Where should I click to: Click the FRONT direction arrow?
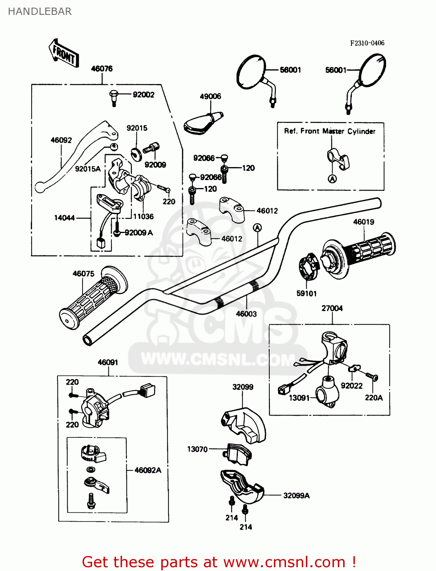pos(64,54)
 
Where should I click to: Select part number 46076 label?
pos(102,69)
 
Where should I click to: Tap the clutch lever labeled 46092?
pos(76,156)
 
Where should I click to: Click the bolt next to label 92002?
pos(114,98)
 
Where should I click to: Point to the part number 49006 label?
pos(210,96)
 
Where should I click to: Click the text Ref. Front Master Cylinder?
pos(330,131)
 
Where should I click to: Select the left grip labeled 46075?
pos(94,298)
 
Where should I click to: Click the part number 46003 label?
pos(246,314)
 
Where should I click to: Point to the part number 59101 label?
pos(307,293)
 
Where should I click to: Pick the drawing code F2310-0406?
pos(367,43)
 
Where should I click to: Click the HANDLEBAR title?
pos(40,11)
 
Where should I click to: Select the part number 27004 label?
pos(332,308)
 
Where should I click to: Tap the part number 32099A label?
pos(296,496)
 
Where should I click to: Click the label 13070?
pos(197,449)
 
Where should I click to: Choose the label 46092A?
pos(148,470)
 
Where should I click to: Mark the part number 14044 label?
pos(64,218)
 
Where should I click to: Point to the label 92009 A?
pos(139,233)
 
